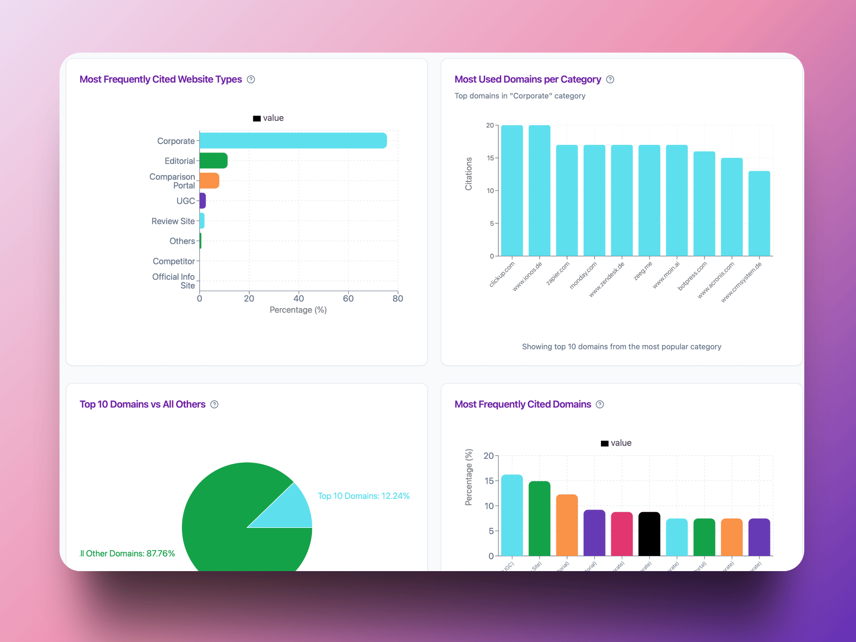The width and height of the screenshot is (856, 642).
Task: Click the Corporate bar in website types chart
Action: [293, 140]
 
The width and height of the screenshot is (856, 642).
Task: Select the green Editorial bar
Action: [214, 160]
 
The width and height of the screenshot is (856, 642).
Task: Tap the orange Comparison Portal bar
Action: [209, 181]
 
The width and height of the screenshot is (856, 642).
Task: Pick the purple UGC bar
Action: [203, 201]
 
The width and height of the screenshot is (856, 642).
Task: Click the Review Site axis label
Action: [173, 221]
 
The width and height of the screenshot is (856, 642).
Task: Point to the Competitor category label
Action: [173, 261]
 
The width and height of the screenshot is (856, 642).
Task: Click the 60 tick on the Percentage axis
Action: [348, 299]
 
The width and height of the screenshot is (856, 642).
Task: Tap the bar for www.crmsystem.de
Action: [759, 214]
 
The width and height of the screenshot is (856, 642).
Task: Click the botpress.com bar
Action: [704, 204]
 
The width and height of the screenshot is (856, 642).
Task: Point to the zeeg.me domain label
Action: [643, 271]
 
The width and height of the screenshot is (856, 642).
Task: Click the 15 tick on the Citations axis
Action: [490, 158]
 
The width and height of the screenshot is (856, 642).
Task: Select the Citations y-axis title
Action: [469, 174]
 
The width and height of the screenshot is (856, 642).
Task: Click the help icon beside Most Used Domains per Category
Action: [610, 79]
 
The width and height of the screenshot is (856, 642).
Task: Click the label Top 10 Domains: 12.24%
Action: [363, 496]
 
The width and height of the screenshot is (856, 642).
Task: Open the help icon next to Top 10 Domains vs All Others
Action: [214, 404]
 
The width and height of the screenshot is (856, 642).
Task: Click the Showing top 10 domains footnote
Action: [621, 347]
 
